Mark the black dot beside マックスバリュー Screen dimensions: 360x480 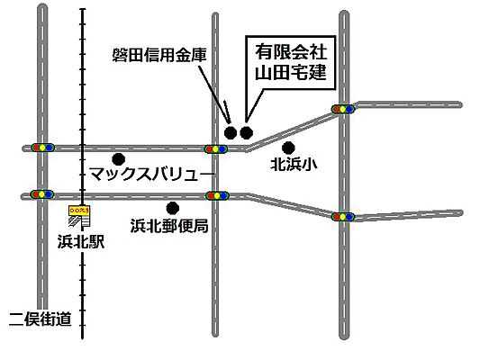tap(119, 158)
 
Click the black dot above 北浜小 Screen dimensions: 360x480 tap(288, 147)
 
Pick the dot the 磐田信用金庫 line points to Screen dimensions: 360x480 tap(231, 133)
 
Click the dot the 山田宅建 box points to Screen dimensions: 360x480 tap(246, 133)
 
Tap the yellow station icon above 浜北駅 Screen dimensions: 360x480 tap(81, 214)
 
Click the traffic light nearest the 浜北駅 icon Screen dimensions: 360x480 tap(42, 193)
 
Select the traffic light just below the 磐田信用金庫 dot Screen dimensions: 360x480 tap(216, 148)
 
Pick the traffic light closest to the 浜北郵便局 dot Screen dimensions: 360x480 tap(217, 194)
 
